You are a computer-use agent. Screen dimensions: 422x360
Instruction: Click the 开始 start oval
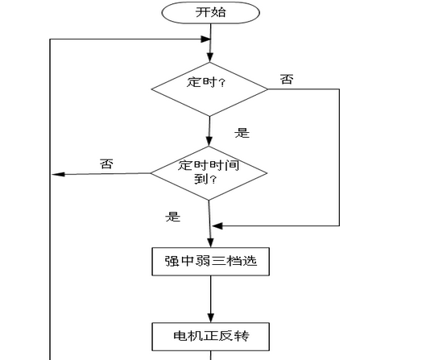click(x=210, y=13)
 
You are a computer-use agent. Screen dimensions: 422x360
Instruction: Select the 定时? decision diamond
click(x=209, y=89)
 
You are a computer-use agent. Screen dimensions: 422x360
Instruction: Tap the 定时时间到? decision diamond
click(x=209, y=173)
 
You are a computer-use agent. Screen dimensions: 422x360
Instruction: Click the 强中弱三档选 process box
click(x=211, y=262)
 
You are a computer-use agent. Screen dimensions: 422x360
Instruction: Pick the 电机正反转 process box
click(x=211, y=337)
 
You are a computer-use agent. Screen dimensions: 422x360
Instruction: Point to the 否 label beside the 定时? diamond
click(x=287, y=80)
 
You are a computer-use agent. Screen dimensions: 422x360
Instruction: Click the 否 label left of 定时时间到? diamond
click(x=106, y=163)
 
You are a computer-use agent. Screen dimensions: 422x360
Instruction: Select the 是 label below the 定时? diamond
click(x=242, y=133)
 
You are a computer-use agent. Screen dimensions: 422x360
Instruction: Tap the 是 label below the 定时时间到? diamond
click(x=173, y=217)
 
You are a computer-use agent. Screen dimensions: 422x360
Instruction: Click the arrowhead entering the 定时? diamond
click(x=210, y=58)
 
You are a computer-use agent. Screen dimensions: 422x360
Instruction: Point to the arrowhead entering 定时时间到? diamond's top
click(x=209, y=142)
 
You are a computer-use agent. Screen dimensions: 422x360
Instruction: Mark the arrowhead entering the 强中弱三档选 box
click(x=210, y=243)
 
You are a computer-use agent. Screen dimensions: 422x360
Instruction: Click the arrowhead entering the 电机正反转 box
click(x=211, y=318)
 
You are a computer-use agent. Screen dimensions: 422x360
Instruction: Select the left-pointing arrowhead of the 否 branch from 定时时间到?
click(x=59, y=174)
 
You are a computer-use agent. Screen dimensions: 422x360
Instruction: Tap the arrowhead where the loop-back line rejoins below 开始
click(x=206, y=39)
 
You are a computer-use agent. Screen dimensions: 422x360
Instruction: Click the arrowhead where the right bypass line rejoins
click(x=217, y=226)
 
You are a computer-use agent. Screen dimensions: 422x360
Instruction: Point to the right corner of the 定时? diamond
click(x=268, y=89)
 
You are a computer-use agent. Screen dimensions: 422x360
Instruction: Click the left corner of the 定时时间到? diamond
click(x=151, y=173)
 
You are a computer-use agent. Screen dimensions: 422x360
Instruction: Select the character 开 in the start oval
click(x=203, y=12)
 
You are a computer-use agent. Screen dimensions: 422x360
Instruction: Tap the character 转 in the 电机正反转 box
click(x=242, y=336)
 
